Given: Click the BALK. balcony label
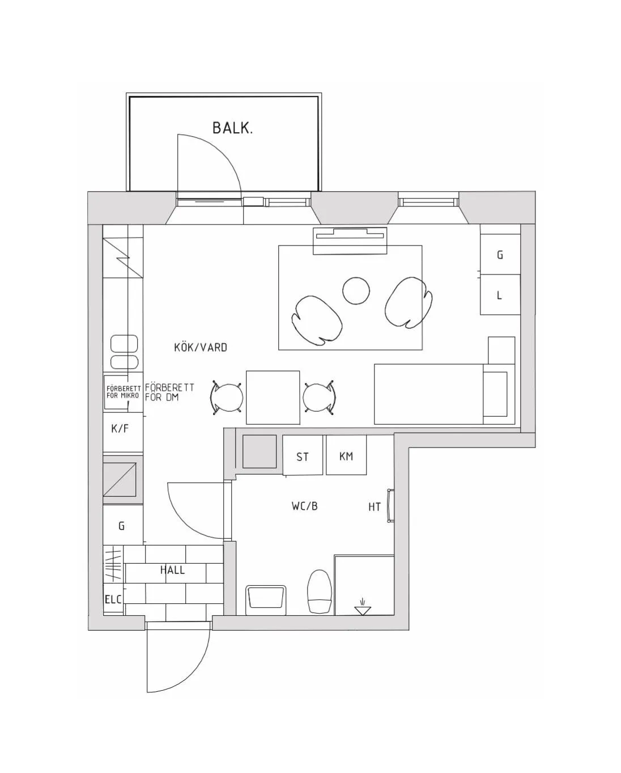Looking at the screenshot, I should [232, 128].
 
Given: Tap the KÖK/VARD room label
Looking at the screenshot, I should [200, 347].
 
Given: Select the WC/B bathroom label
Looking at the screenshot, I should [304, 506].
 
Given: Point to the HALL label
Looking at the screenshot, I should [172, 570].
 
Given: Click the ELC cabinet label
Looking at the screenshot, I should [113, 599].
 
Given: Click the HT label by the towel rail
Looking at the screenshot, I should [375, 506].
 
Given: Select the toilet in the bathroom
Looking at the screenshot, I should [319, 591].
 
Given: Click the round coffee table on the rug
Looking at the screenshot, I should [356, 291].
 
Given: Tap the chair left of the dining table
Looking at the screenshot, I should [226, 397].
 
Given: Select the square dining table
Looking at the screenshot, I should [273, 397].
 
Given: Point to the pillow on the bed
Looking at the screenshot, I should [495, 394].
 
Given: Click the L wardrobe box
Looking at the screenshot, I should [500, 294].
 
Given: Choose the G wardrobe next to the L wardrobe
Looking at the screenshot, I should [500, 254].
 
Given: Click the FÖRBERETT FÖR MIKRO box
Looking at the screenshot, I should [123, 392].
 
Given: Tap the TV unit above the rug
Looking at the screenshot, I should [351, 241].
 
